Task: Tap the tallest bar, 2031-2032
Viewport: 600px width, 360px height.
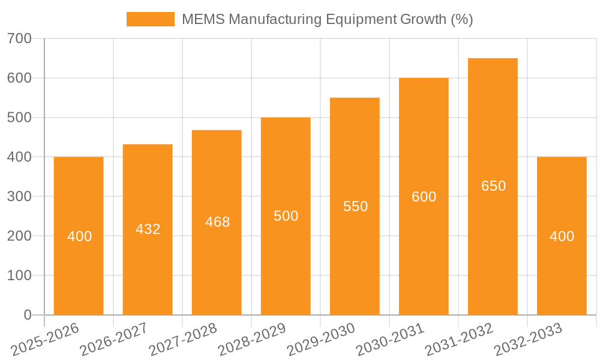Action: [493, 240]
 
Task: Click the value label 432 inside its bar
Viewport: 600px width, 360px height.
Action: [148, 229]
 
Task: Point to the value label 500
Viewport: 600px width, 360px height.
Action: [286, 216]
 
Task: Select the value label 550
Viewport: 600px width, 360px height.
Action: [355, 206]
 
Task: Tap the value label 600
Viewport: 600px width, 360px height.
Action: [424, 197]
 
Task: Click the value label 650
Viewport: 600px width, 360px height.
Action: [493, 186]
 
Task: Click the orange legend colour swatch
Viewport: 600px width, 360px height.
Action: [150, 19]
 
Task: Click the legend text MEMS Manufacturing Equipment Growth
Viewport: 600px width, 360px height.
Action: [327, 19]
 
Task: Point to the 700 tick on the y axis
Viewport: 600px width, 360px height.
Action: [19, 39]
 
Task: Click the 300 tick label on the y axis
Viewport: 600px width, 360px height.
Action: [19, 197]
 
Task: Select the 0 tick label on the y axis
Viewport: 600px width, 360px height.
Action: [27, 315]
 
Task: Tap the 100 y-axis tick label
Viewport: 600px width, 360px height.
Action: [19, 276]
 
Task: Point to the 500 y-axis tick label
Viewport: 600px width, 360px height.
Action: [19, 118]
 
